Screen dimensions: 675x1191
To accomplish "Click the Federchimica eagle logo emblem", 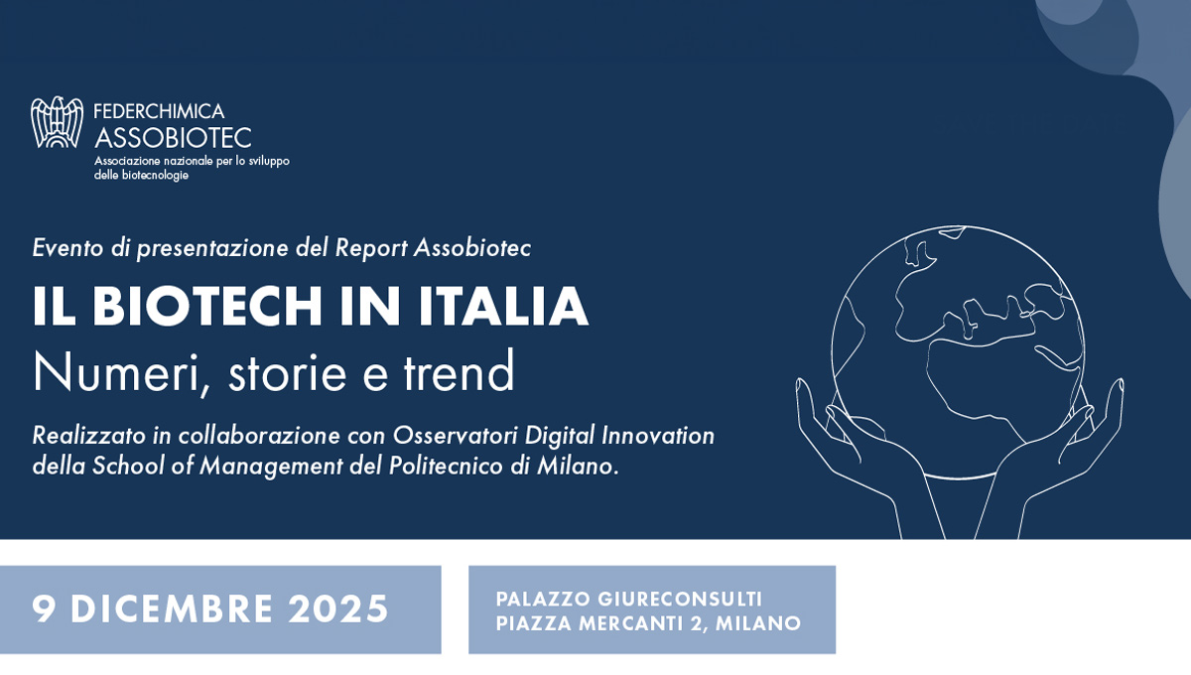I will pos(58,122).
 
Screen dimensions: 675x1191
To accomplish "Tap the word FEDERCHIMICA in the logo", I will pos(159,111).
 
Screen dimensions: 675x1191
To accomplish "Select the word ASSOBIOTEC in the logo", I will pos(173,137).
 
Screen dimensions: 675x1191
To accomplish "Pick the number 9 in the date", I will pos(44,608).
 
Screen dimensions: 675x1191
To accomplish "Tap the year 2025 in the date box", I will pos(338,608).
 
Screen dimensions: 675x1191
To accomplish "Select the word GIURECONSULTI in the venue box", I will pos(680,599).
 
